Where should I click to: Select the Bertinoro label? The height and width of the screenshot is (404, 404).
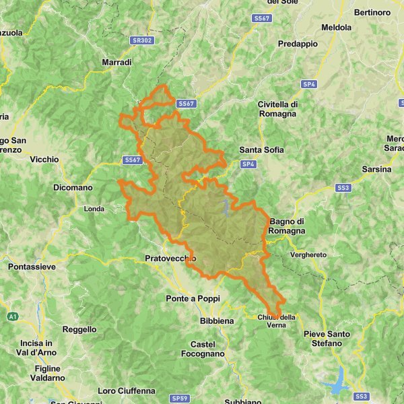(372, 13)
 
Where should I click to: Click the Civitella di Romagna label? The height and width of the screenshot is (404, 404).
(277, 109)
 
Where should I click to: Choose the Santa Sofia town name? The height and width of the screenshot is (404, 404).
(261, 149)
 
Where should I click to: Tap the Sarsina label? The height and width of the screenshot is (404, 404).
(376, 169)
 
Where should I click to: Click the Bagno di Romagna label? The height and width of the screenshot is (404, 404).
(288, 226)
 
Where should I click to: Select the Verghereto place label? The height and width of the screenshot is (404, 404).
(308, 255)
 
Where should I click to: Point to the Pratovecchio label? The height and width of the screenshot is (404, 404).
(170, 258)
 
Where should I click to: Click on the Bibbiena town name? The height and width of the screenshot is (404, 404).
(217, 321)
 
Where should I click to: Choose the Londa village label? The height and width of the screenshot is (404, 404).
(94, 209)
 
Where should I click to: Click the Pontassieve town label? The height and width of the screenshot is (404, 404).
(32, 267)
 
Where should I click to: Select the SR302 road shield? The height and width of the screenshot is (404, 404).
(140, 40)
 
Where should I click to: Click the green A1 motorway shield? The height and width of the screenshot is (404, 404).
(13, 316)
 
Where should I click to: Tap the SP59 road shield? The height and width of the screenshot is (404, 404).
(180, 399)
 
